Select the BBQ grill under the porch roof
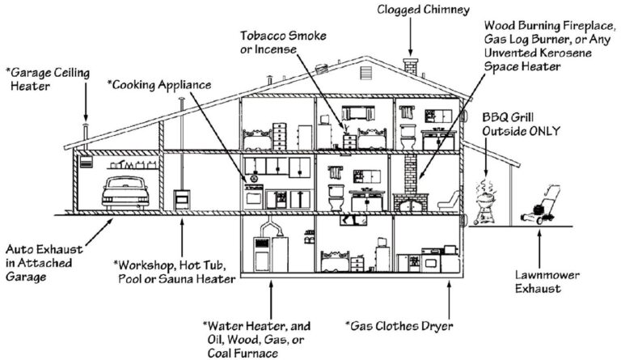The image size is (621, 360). [x=487, y=201]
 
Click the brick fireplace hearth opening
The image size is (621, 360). [x=412, y=203]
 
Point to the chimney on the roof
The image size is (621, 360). [x=410, y=66]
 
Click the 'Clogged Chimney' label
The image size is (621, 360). [x=411, y=10]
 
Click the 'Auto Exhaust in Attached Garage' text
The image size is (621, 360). [x=40, y=262]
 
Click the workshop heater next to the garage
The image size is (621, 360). [x=183, y=199]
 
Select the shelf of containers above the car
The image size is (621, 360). [x=129, y=164]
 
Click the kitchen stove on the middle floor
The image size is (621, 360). [x=253, y=195]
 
